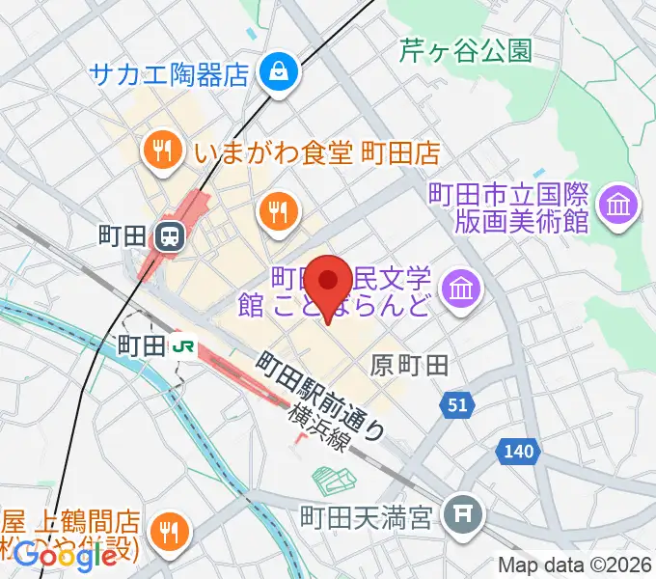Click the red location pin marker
coord(333,282)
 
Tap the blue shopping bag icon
coord(278,70)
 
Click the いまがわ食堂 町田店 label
coord(316,152)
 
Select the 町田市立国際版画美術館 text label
coord(508,207)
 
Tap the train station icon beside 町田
coord(170,234)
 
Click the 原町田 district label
coord(410,364)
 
